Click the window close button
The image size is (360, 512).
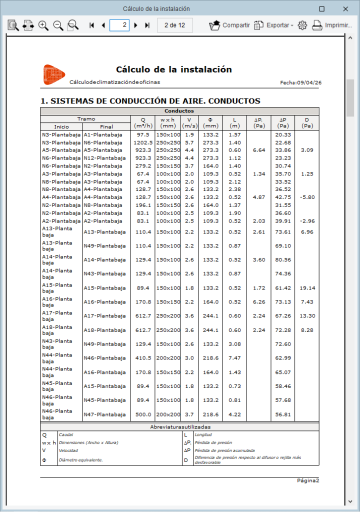(345, 9)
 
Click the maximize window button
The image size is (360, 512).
(322, 9)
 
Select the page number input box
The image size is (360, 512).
(119, 25)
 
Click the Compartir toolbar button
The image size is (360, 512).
(229, 25)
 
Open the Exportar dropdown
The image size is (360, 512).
(273, 25)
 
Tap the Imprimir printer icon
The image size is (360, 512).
(317, 25)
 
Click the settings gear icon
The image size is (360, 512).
(302, 25)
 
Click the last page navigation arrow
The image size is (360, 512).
(147, 25)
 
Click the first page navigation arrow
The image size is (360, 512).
(92, 25)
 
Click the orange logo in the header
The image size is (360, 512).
(53, 73)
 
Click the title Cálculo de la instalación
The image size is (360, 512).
(173, 69)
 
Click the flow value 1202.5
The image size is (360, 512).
(142, 142)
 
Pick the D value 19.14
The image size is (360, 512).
(307, 288)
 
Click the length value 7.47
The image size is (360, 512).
(235, 358)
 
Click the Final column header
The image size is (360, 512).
(106, 126)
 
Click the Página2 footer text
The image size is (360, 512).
(307, 480)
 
